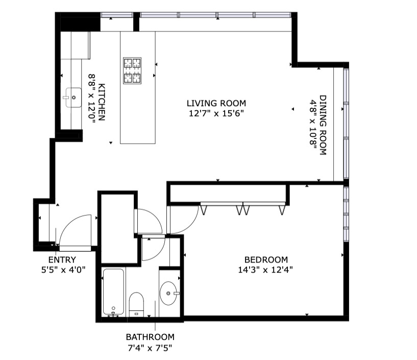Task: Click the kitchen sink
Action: point(73,98)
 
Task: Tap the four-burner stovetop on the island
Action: point(132,70)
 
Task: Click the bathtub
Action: point(113,292)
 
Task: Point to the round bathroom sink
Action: point(168,293)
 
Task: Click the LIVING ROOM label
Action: point(216,103)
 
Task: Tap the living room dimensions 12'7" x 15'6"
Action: point(216,113)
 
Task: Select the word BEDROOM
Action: point(266,259)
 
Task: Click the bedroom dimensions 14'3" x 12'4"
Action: point(265,270)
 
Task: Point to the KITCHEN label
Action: point(102,102)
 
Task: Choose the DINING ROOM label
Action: point(323,125)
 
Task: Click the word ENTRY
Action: point(62,259)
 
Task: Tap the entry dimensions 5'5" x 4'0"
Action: point(63,270)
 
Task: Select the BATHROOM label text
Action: point(150,337)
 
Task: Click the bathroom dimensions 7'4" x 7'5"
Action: point(150,348)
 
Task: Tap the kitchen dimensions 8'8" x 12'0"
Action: point(92,99)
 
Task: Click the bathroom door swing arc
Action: point(159,253)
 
